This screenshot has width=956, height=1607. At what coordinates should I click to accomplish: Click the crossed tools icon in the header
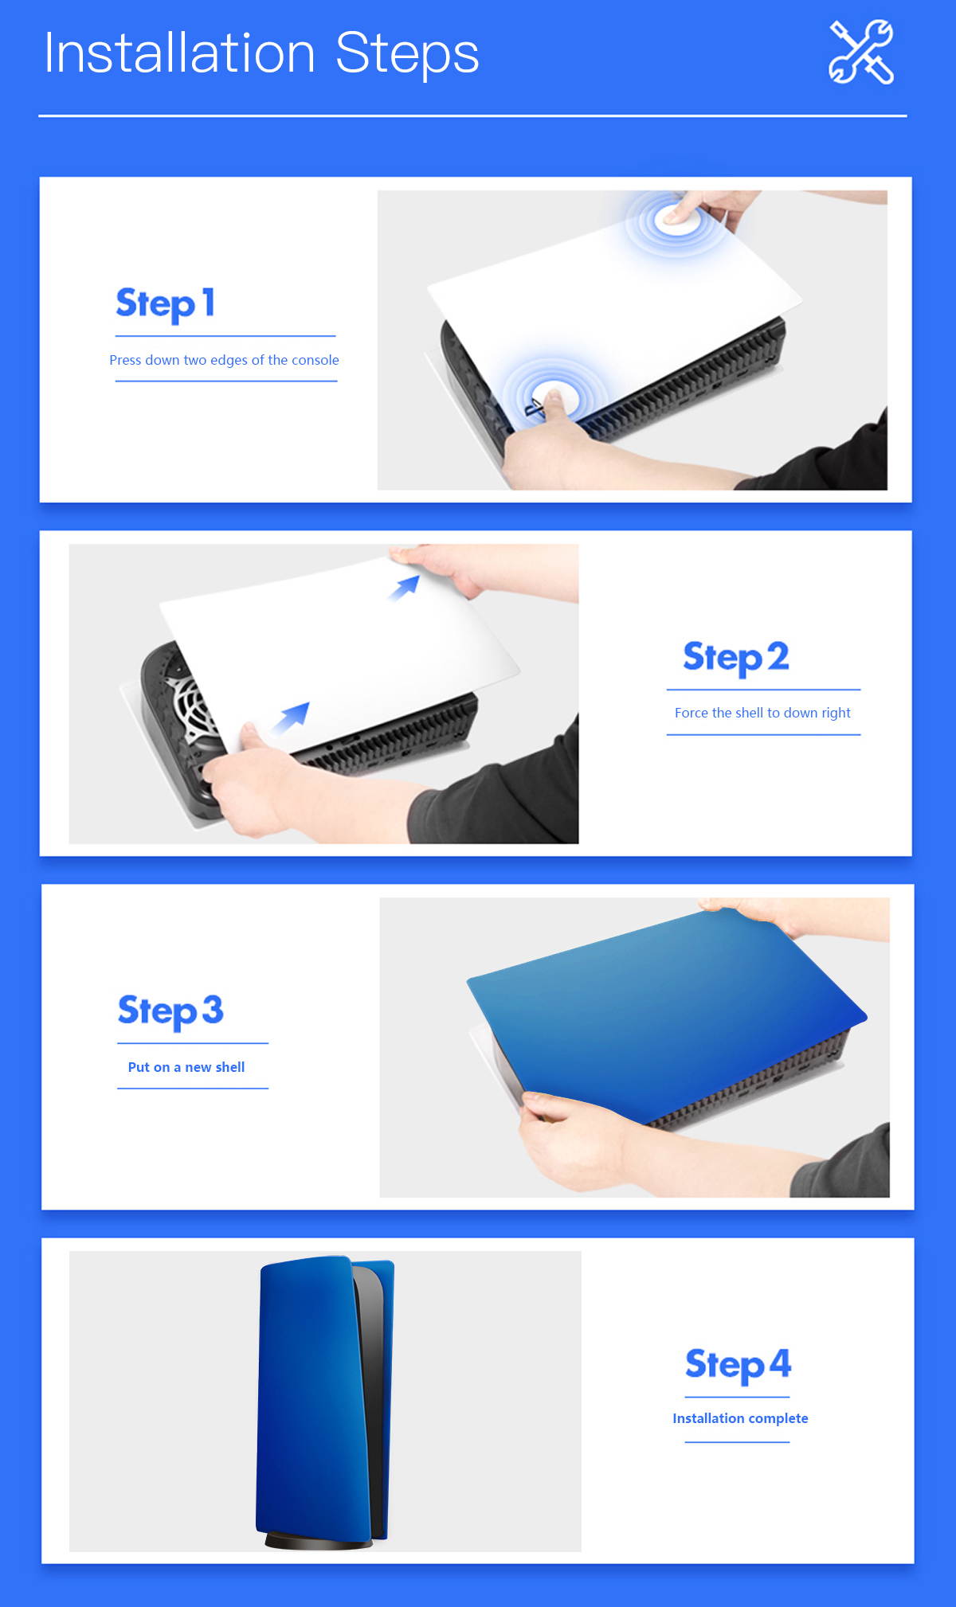pyautogui.click(x=860, y=53)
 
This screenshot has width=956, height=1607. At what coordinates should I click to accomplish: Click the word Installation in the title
pyautogui.click(x=180, y=54)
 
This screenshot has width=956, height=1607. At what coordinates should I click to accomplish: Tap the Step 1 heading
pyautogui.click(x=165, y=303)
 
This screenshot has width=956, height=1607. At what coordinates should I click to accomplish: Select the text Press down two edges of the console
pyautogui.click(x=224, y=360)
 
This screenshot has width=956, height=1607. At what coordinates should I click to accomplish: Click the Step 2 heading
pyautogui.click(x=735, y=657)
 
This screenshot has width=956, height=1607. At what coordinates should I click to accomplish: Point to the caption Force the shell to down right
pyautogui.click(x=762, y=713)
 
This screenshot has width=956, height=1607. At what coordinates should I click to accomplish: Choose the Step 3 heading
pyautogui.click(x=170, y=1011)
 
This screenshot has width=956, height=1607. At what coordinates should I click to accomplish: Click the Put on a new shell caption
pyautogui.click(x=186, y=1067)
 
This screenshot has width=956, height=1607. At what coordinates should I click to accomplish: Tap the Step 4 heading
pyautogui.click(x=738, y=1364)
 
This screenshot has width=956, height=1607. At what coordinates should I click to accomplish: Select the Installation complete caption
pyautogui.click(x=740, y=1418)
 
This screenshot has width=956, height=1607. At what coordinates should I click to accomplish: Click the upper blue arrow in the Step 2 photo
pyautogui.click(x=405, y=588)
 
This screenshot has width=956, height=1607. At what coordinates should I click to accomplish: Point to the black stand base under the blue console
pyautogui.click(x=319, y=1542)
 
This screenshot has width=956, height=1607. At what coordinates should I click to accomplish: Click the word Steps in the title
pyautogui.click(x=407, y=54)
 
